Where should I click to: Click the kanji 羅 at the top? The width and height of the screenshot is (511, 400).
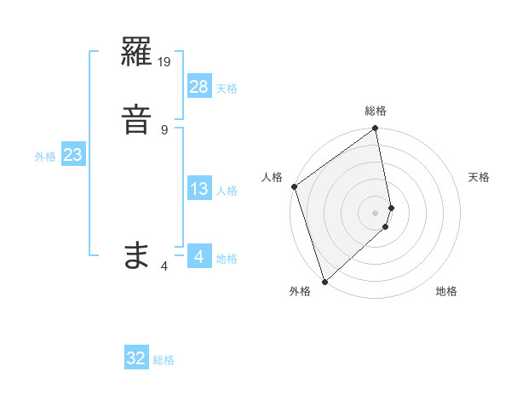click(138, 56)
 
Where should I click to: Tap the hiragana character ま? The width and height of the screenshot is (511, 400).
click(137, 254)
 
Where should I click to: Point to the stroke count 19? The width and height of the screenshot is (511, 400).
click(165, 62)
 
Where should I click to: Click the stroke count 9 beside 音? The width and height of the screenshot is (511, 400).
click(164, 129)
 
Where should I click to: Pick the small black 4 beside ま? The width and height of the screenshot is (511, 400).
click(164, 266)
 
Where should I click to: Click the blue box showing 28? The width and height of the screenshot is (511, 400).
click(198, 86)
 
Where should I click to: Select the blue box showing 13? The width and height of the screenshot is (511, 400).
click(198, 189)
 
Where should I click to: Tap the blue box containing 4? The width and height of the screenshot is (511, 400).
click(198, 256)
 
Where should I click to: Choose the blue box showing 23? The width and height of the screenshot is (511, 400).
click(72, 155)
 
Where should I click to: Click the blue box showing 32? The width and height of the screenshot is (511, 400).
click(136, 358)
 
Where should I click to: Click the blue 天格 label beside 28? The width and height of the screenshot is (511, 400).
click(227, 89)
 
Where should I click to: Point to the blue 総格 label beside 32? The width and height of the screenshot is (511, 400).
click(164, 360)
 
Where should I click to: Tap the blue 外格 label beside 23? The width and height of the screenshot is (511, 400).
click(45, 157)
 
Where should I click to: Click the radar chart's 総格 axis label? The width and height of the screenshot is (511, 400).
click(376, 111)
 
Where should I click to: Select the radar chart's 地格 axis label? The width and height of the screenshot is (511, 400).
click(446, 291)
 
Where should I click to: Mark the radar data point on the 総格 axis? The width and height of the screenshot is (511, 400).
click(376, 129)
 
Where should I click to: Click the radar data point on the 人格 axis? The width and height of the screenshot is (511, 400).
click(294, 186)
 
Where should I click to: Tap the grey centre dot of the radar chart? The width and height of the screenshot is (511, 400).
click(376, 212)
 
